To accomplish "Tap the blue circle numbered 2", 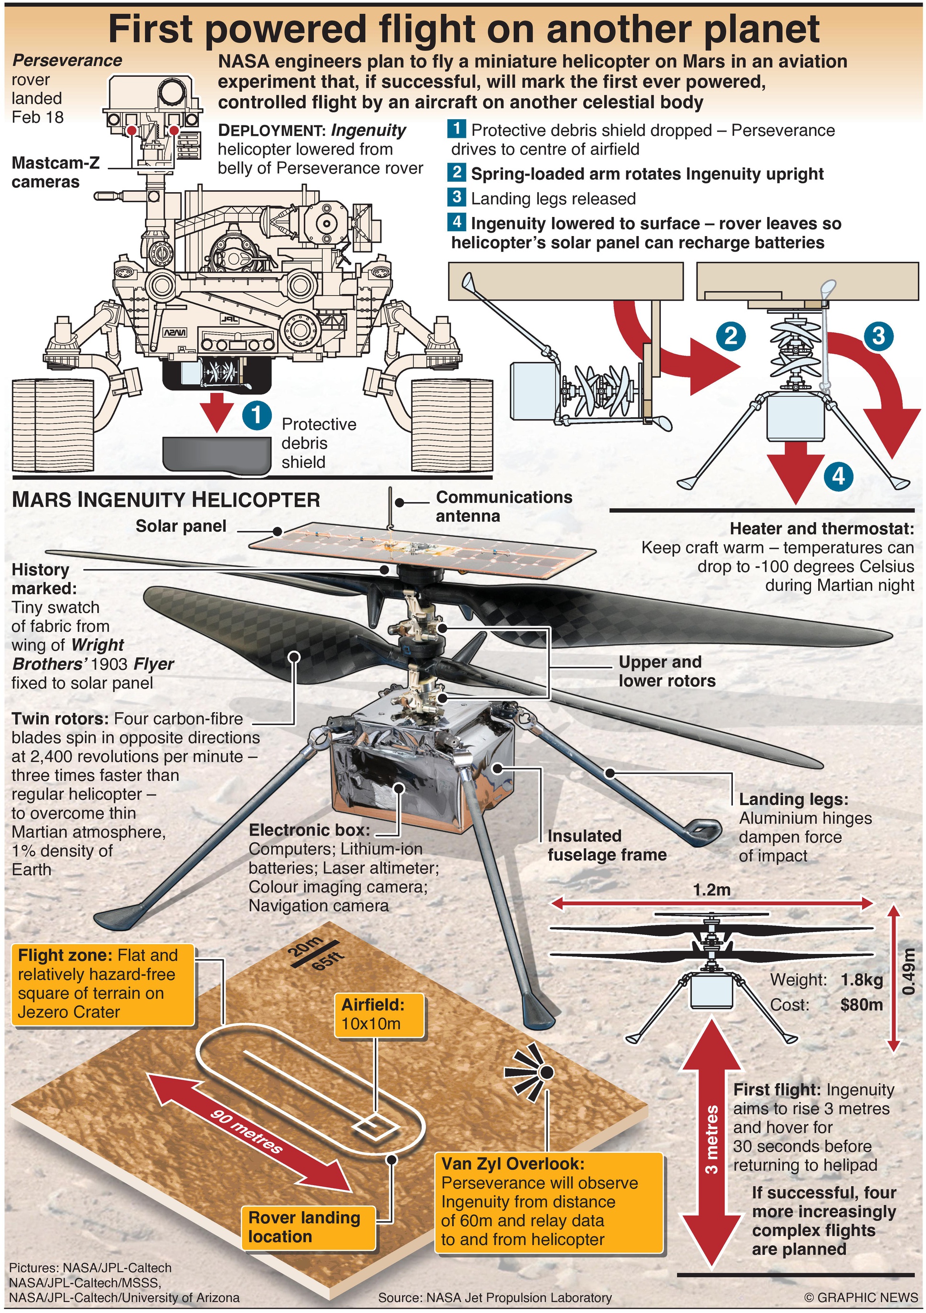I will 731,335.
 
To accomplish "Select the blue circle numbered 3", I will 878,336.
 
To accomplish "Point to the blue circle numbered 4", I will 838,476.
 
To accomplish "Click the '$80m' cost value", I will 861,1004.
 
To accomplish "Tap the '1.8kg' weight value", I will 861,980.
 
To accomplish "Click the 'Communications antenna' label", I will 504,506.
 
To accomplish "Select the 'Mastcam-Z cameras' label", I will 55,172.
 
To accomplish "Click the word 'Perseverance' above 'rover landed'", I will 67,61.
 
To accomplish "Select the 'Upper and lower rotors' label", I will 666,671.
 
